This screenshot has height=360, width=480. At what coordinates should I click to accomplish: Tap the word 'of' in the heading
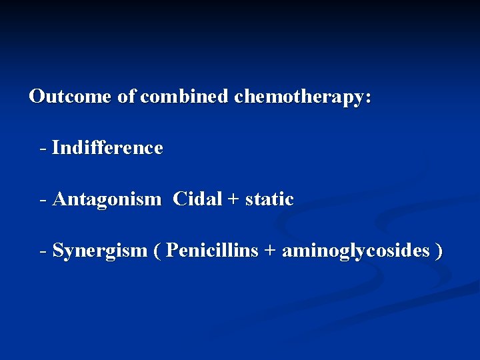pyautogui.click(x=127, y=97)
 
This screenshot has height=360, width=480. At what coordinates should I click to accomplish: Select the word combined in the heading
pyautogui.click(x=185, y=97)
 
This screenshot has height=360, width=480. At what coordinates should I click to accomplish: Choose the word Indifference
pyautogui.click(x=107, y=147)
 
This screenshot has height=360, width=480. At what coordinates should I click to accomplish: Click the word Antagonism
pyautogui.click(x=107, y=199)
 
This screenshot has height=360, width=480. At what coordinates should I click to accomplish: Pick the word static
pyautogui.click(x=269, y=199)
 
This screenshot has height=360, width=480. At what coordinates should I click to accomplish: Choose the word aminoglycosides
pyautogui.click(x=356, y=251)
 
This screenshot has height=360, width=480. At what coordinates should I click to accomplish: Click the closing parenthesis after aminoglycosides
pyautogui.click(x=438, y=251)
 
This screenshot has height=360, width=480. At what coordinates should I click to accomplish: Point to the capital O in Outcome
pyautogui.click(x=37, y=97)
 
